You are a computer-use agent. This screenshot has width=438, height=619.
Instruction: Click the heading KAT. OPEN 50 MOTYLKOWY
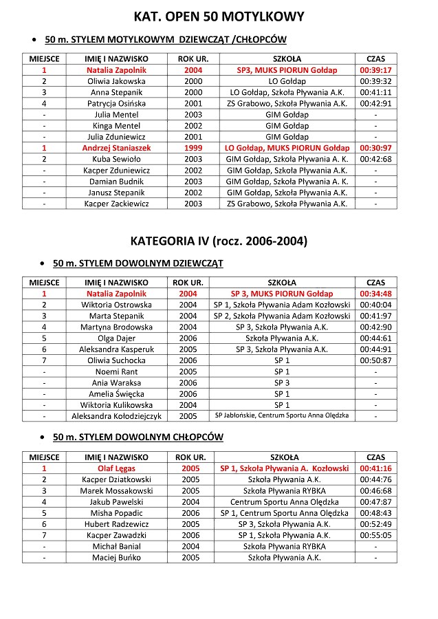[x=219, y=16]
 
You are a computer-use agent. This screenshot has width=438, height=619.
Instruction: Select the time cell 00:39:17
[x=375, y=70]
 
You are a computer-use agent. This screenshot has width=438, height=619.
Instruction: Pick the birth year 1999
[x=193, y=148]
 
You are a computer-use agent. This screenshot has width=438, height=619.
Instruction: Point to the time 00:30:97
[x=375, y=148]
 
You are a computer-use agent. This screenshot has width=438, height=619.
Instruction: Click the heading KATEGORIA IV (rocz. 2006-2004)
[x=219, y=241]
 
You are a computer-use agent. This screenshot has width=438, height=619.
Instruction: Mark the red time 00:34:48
[x=375, y=294]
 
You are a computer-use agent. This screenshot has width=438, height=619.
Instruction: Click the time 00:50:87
[x=375, y=360]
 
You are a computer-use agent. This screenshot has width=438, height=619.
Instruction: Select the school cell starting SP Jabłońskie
[x=282, y=415]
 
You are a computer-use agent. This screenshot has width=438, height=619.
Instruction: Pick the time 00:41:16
[x=375, y=468]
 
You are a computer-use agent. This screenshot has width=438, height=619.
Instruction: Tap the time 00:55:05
[x=375, y=535]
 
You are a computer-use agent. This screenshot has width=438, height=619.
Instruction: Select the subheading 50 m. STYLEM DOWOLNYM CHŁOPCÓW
[x=138, y=437]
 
